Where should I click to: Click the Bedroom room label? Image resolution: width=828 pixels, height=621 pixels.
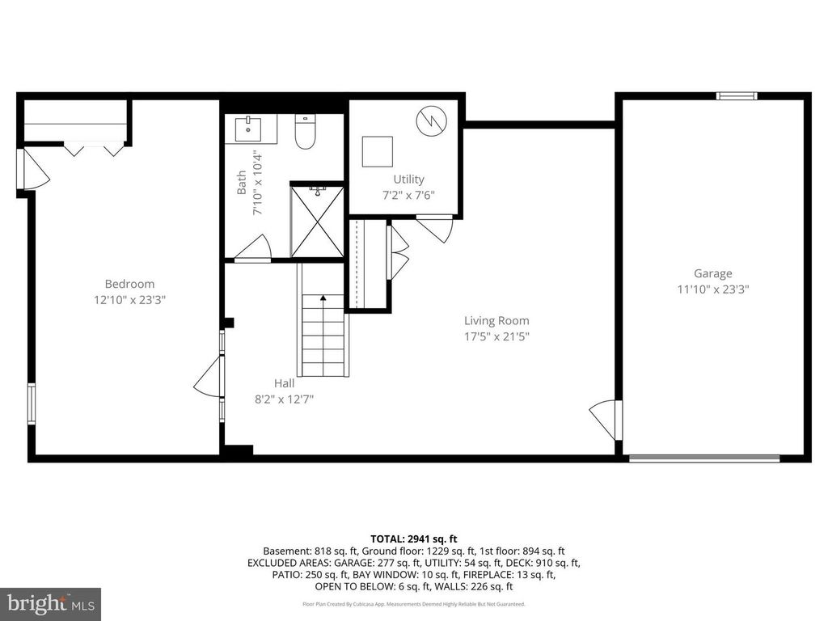click(129, 284)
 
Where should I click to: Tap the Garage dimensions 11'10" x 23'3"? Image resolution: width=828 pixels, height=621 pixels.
click(712, 289)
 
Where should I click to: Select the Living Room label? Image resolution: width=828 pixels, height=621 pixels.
click(496, 320)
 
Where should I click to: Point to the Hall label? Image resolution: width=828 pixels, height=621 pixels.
click(284, 383)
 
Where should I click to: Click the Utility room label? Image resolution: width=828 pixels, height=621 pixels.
click(408, 179)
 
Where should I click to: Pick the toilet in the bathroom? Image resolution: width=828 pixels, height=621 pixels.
click(305, 133)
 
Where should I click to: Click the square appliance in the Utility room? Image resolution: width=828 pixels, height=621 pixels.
click(377, 151)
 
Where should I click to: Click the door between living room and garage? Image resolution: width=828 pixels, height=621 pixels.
click(606, 419)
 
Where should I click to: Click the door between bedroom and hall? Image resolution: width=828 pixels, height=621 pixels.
click(209, 378)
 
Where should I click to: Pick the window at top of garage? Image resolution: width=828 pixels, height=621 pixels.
click(737, 96)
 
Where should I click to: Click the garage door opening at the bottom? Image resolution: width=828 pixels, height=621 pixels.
click(704, 458)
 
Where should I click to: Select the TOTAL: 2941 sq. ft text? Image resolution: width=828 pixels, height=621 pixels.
click(414, 539)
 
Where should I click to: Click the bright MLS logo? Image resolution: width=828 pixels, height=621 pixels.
click(50, 603)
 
